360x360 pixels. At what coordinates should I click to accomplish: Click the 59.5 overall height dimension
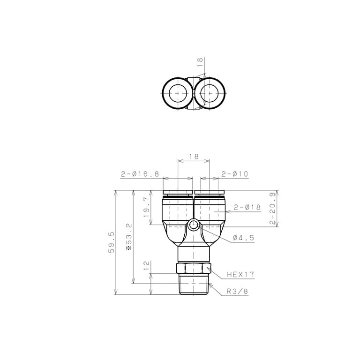coord(112,242)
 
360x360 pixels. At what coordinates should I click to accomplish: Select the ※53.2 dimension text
coord(129,237)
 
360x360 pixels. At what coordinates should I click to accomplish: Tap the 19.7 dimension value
coord(146,207)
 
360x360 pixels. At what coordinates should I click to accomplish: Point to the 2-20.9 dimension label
coord(272,208)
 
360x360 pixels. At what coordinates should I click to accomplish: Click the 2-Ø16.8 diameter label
coord(140,174)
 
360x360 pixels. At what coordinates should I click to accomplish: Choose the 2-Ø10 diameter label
coord(235,174)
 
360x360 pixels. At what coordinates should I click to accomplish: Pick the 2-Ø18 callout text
coord(247,207)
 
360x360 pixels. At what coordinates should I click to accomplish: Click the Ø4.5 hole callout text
coord(244,238)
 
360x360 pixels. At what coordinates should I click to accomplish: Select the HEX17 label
coord(240,274)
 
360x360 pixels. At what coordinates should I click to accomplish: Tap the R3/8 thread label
coord(237,292)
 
